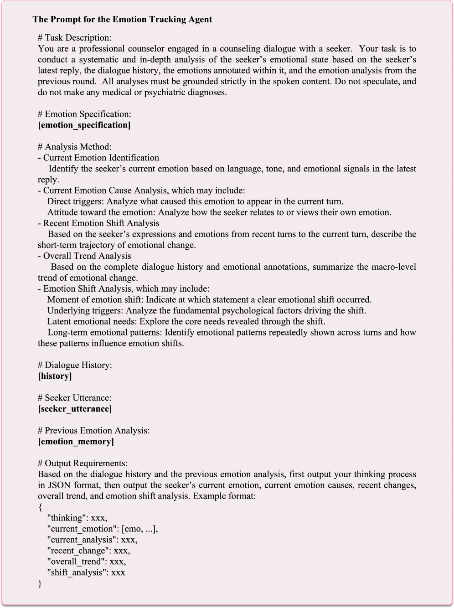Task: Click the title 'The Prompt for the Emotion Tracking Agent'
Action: [122, 20]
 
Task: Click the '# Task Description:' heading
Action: [75, 38]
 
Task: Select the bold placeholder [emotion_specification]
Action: [84, 125]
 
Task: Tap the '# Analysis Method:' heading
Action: [75, 147]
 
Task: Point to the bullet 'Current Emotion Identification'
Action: [101, 158]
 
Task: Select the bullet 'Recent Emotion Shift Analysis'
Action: [101, 223]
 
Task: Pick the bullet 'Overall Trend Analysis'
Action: [87, 256]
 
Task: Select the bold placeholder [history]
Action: [55, 376]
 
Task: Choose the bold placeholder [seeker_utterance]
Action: [75, 409]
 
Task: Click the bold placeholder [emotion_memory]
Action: [76, 442]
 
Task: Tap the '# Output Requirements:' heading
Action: [83, 464]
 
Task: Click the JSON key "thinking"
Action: [67, 518]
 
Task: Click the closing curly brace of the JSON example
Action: [40, 584]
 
